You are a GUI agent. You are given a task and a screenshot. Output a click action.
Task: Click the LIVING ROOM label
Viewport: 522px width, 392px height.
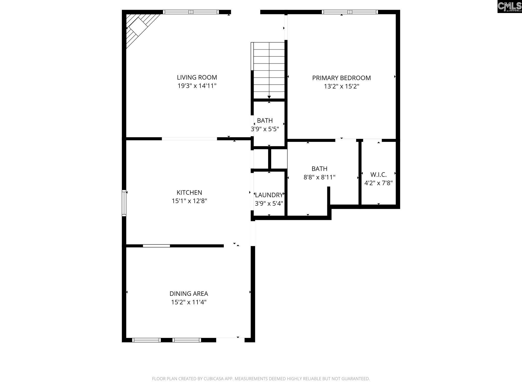[x=197, y=77]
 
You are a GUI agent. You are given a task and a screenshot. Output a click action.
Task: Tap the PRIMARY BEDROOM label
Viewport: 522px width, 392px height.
[x=342, y=78]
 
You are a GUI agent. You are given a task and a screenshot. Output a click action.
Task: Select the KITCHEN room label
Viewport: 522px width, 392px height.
[x=189, y=192]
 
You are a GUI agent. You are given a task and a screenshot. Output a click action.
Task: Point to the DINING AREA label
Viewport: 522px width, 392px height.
[x=189, y=294]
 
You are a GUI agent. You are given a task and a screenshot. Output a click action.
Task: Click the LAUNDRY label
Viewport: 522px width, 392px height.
[x=269, y=195]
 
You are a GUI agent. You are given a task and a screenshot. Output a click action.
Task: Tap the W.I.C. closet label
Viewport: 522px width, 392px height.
[x=379, y=175]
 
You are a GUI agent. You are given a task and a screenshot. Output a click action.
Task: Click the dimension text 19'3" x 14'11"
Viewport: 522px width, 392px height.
[x=197, y=86]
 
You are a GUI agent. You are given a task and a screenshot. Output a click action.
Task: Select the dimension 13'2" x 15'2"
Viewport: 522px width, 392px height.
[x=342, y=86]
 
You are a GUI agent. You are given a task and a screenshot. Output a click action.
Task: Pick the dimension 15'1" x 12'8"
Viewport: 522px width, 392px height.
[x=189, y=201]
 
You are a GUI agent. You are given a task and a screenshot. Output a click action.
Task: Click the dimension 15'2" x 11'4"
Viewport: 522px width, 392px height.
[x=189, y=302]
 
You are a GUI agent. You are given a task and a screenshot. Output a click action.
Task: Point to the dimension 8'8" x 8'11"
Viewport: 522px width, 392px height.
[x=319, y=177]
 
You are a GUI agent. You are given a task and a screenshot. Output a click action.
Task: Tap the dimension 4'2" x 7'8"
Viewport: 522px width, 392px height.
[x=379, y=183]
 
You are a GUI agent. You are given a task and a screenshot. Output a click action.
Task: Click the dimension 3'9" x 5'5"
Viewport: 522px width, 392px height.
[x=265, y=129]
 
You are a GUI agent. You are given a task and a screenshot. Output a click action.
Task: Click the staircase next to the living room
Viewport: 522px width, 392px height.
[x=268, y=70]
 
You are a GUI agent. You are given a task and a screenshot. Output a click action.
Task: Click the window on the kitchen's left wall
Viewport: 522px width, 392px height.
[x=124, y=203]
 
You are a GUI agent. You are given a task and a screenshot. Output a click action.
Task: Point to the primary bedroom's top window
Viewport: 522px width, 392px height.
[x=350, y=12]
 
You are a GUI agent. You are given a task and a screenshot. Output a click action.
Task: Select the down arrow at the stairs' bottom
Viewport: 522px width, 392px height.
[x=269, y=97]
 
